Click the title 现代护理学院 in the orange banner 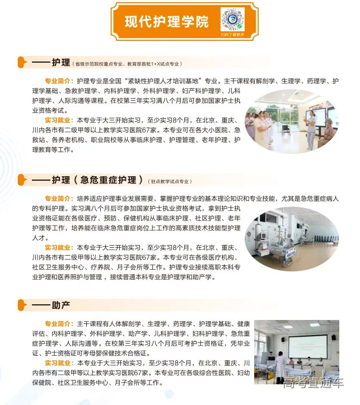(x=166, y=22)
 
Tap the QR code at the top (x=232, y=18)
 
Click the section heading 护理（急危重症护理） (x=94, y=180)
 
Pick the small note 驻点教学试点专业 (x=170, y=181)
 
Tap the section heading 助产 (x=60, y=305)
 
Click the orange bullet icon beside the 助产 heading (x=22, y=305)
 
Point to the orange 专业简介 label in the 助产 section (x=59, y=324)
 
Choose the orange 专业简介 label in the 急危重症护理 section (x=59, y=198)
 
